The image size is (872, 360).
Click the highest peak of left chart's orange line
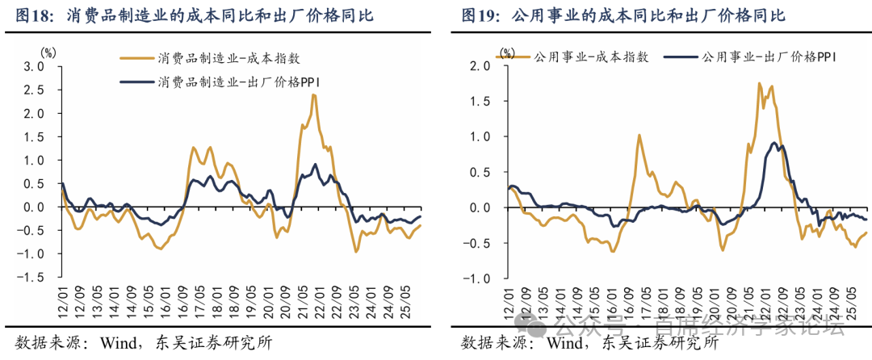(x=312, y=95)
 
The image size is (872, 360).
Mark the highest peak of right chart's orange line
(x=760, y=83)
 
